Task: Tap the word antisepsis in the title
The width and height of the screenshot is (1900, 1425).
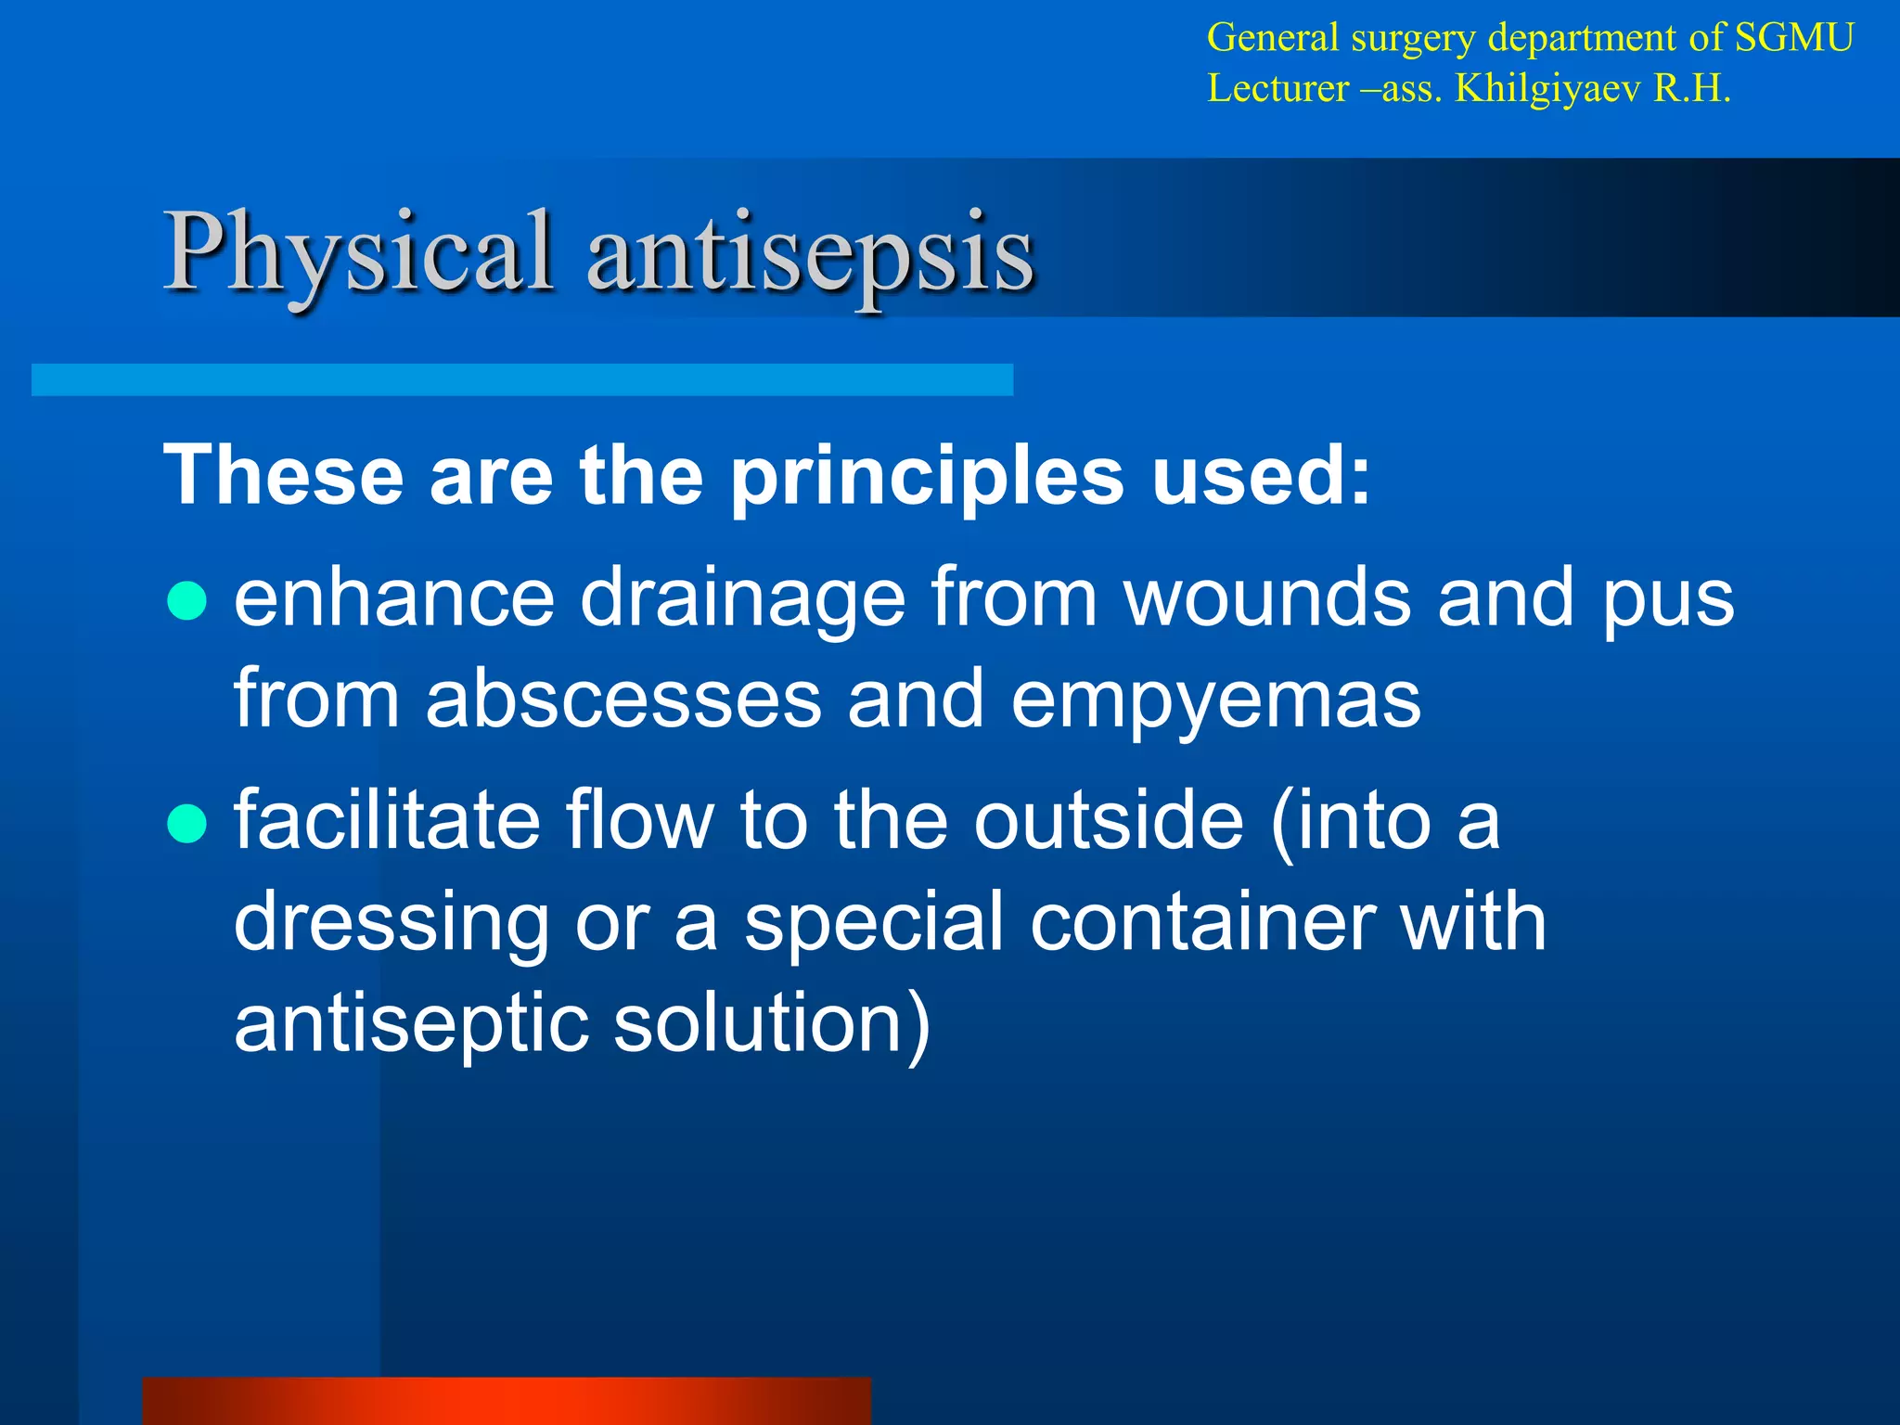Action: pyautogui.click(x=810, y=252)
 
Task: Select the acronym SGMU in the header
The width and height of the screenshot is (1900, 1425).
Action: pyautogui.click(x=1794, y=38)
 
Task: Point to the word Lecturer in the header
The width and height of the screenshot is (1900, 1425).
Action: pyautogui.click(x=1277, y=89)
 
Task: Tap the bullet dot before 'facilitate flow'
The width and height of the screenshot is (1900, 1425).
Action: pyautogui.click(x=186, y=824)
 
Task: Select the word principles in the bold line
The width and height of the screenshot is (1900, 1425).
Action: pyautogui.click(x=927, y=476)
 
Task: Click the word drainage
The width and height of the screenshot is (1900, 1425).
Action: pyautogui.click(x=742, y=598)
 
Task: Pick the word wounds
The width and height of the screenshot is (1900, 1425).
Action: pyautogui.click(x=1268, y=598)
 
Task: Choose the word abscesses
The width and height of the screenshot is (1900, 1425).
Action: pyautogui.click(x=623, y=699)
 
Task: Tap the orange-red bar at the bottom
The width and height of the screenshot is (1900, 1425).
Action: pyautogui.click(x=507, y=1401)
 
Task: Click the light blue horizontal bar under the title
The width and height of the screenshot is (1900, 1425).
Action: pyautogui.click(x=521, y=379)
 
